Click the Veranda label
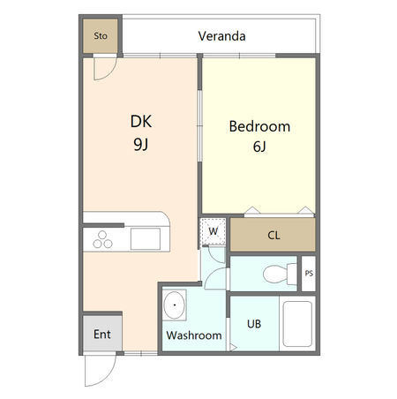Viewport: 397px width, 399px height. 221,36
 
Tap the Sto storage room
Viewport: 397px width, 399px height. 101,36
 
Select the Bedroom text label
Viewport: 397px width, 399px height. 259,126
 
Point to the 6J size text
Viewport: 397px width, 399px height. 259,147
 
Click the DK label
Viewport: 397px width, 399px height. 141,121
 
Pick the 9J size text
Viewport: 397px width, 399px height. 141,144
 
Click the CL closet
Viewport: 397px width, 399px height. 273,235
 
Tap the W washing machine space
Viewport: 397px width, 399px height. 213,231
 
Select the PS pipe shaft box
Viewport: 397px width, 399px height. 309,274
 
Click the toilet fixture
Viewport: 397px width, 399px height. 280,274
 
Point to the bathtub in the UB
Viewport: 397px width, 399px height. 297,324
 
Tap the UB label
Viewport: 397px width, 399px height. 254,324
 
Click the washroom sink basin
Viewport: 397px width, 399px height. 175,305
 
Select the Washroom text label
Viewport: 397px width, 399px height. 194,335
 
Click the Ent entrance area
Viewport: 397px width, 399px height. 102,334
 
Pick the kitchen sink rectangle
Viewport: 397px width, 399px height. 146,238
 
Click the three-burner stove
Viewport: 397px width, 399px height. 102,240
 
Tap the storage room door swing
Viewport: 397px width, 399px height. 110,73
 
